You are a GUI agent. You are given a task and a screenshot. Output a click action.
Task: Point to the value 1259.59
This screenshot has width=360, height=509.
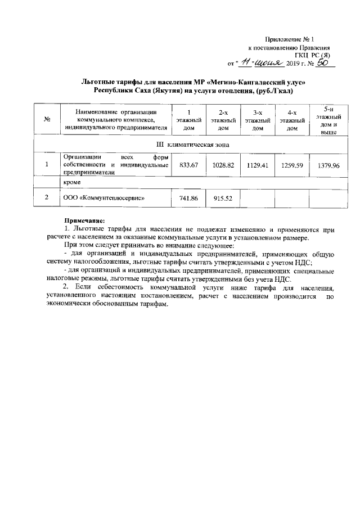coord(291,165)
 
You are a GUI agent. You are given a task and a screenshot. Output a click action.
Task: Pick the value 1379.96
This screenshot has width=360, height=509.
coord(329,166)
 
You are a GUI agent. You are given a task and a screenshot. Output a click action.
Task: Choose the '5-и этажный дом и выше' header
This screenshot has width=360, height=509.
coord(329,120)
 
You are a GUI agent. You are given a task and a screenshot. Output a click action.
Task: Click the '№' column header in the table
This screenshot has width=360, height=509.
coord(48,120)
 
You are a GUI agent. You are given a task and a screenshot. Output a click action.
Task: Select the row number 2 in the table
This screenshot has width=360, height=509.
coord(47,198)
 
